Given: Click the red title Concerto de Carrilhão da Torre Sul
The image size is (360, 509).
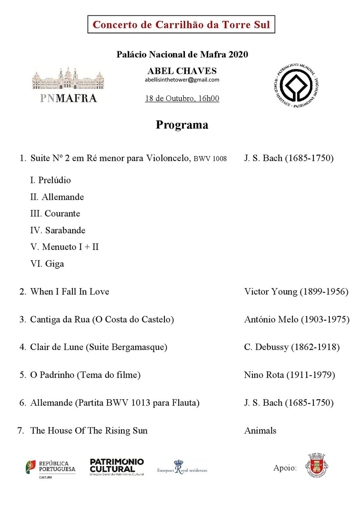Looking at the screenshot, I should point(181,25).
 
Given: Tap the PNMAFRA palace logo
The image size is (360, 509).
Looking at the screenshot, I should point(68,85).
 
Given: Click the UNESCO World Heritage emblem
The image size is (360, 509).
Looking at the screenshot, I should point(296,85).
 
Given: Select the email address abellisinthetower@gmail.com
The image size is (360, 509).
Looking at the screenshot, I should point(182,80).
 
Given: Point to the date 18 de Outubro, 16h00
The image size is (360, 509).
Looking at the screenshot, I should point(182,98).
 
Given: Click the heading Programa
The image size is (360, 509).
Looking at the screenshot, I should point(182,125).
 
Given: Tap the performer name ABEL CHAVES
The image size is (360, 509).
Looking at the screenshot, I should point(182,71).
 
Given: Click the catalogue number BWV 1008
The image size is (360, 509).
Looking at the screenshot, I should point(210,159).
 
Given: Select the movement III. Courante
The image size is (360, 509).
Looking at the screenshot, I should point(55,214).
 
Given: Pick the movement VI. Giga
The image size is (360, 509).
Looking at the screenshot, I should point(47,264).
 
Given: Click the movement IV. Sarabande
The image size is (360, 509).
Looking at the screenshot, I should point(58,230).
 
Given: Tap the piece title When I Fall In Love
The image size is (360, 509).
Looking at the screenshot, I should point(70,292).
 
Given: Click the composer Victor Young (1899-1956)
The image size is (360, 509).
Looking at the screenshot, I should point(296,292).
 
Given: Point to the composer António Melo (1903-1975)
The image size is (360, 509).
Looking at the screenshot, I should point(297,319).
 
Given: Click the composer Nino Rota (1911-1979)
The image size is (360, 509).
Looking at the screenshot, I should point(289,375).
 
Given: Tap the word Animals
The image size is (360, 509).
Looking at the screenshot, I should point(260,431).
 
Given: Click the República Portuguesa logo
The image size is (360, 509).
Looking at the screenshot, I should point(50,469).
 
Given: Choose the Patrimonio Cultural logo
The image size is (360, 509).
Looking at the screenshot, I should point(117,467).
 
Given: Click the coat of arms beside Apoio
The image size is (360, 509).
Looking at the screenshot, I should point(316,465).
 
